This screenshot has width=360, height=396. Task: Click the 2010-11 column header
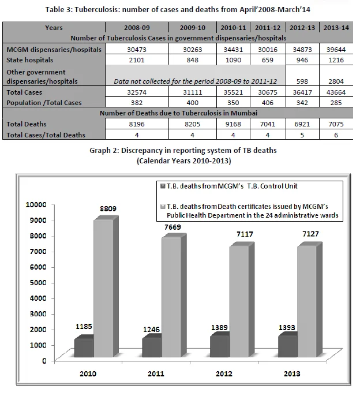(x=233, y=28)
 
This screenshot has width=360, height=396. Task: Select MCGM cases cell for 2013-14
(x=336, y=50)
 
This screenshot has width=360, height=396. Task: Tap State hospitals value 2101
(x=137, y=60)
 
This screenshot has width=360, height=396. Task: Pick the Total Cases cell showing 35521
(x=233, y=92)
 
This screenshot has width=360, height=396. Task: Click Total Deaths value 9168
(x=233, y=124)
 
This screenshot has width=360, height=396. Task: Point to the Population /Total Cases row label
(x=44, y=103)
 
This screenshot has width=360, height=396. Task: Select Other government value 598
(x=302, y=81)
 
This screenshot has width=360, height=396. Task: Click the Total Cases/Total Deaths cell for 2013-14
(x=336, y=135)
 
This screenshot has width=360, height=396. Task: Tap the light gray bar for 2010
(x=103, y=288)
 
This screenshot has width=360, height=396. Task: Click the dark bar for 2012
(x=220, y=346)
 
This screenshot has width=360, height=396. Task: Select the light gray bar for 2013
(x=306, y=301)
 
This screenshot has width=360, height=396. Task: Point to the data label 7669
(x=172, y=227)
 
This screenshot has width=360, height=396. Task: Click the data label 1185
(x=84, y=327)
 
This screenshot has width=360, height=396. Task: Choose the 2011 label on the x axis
(x=156, y=374)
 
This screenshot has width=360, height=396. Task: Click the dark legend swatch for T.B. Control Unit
(x=163, y=186)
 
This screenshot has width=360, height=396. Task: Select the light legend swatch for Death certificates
(x=163, y=207)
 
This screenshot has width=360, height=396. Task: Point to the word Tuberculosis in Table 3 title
(x=96, y=10)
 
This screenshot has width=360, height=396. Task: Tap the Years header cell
(x=54, y=28)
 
